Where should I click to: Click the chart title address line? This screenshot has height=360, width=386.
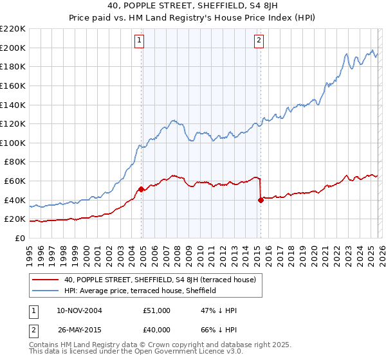point(192,6)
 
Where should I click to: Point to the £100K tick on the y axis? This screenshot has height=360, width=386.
point(13,143)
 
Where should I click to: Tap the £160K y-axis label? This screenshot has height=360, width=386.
point(13,85)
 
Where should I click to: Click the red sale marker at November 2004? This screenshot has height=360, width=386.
point(141,189)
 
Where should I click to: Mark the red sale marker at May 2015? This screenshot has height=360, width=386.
point(261,200)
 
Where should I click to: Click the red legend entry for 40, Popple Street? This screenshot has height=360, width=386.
point(160,280)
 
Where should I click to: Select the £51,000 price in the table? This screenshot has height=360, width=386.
point(157,310)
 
